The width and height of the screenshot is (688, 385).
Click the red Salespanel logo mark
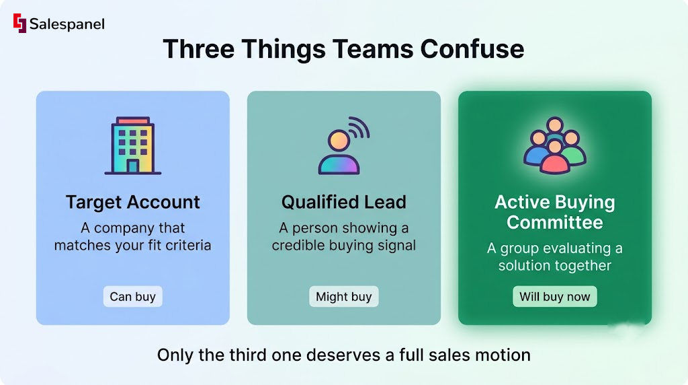pos(19,23)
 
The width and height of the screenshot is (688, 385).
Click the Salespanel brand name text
pos(67,24)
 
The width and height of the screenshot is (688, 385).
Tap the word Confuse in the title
pos(472,48)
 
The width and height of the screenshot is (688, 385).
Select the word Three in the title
pos(198,48)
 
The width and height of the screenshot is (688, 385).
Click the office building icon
pos(133,145)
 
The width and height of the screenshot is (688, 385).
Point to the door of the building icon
pos(133,166)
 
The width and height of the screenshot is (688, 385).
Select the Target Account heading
pos(133,202)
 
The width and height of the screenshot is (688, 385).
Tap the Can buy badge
pos(133,297)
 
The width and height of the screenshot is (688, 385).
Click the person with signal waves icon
pos(344,145)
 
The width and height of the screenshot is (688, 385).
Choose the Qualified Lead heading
pos(344,202)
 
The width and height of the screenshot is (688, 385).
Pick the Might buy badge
pos(344,297)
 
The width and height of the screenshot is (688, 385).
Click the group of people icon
pos(554,145)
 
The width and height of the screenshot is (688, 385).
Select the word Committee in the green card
pos(554,222)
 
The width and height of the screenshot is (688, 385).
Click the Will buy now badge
pos(554,297)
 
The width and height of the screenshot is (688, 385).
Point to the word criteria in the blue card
pos(188,245)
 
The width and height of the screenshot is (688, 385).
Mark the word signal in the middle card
pos(396,246)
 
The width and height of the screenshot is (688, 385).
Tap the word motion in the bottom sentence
pos(504,355)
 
